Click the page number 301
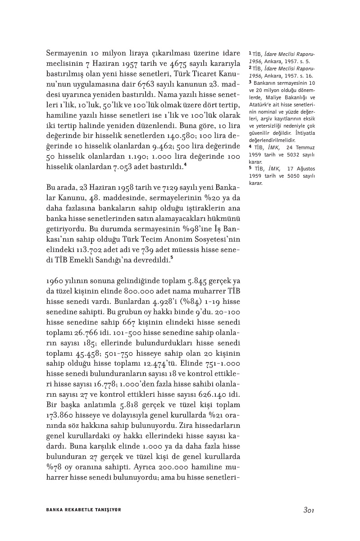308,510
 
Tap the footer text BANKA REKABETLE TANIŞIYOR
84,510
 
